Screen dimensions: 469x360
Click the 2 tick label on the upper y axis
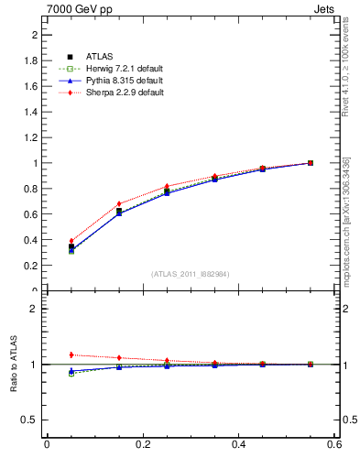pos(34,35)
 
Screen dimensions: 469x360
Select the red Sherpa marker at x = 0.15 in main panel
pos(119,204)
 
